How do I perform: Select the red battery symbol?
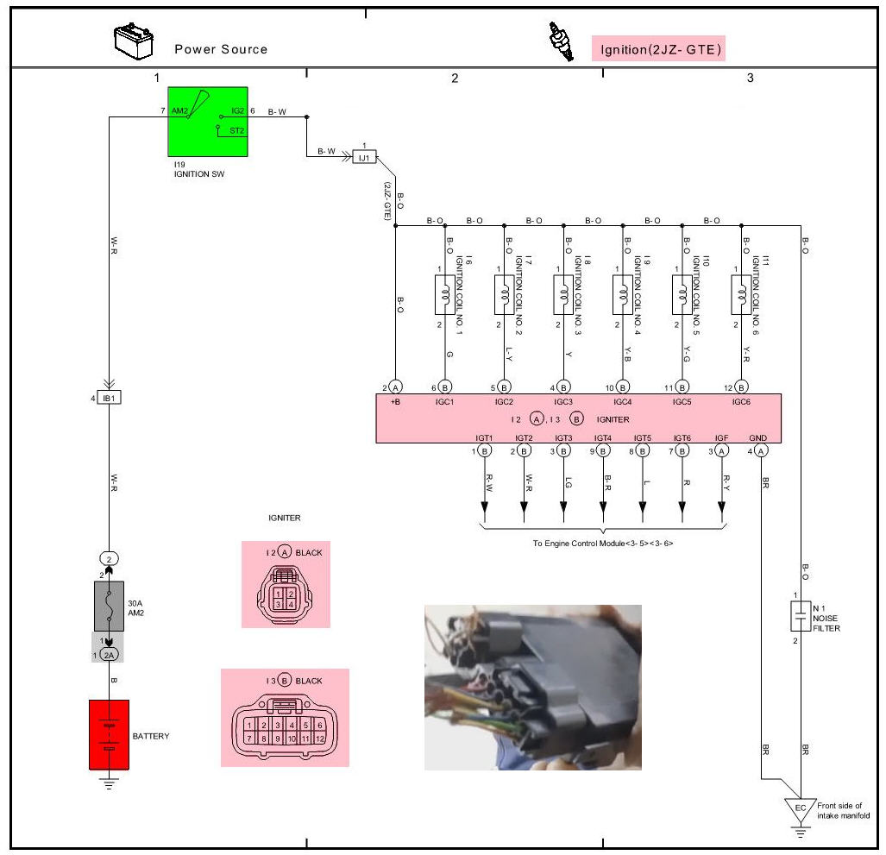[x=109, y=734]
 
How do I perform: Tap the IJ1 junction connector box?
[x=364, y=157]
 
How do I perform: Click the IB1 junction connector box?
[x=110, y=398]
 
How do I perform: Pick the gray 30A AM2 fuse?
[x=109, y=606]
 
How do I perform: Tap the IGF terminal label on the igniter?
[x=722, y=438]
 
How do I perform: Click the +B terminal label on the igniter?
[x=394, y=402]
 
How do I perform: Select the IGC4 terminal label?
[x=622, y=402]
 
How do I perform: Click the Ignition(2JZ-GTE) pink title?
[x=657, y=49]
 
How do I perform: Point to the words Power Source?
[x=221, y=49]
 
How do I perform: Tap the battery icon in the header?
[x=134, y=41]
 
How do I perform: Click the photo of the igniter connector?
[x=532, y=687]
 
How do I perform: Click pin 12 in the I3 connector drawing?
[x=318, y=739]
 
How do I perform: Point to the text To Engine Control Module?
[x=602, y=544]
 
